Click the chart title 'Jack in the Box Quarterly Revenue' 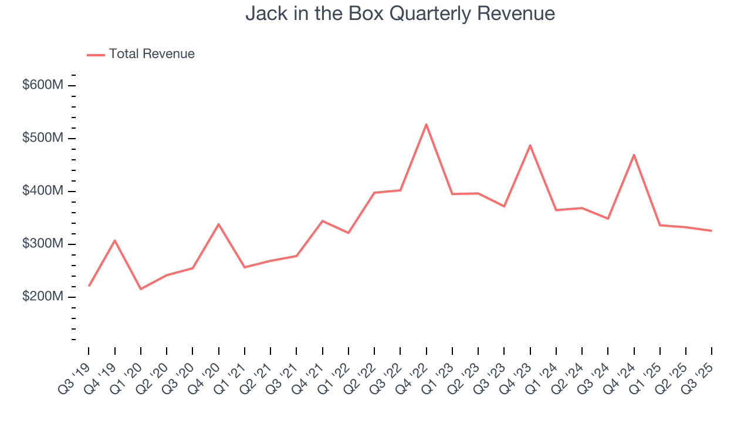point(400,13)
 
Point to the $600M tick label point(43,85)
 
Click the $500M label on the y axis point(43,138)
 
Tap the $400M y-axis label point(43,191)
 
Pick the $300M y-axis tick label point(43,244)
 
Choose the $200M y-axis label point(43,297)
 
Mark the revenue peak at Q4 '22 point(427,124)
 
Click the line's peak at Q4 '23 point(530,145)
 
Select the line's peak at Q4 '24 point(634,155)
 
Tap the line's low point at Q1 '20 point(141,289)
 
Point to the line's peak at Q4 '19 point(115,240)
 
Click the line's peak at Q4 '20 point(219,224)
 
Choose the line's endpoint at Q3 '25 point(712,230)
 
